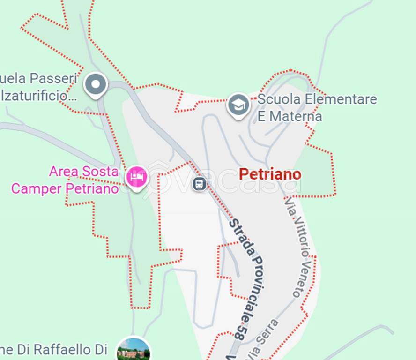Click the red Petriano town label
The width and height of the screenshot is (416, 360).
[270, 174]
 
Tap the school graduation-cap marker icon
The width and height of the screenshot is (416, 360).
[238, 105]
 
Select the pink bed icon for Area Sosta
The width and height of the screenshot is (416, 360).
[137, 177]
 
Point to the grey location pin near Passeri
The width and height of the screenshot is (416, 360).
[96, 85]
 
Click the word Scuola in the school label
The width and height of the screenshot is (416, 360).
[279, 99]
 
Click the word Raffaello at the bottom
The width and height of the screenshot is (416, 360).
[56, 350]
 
